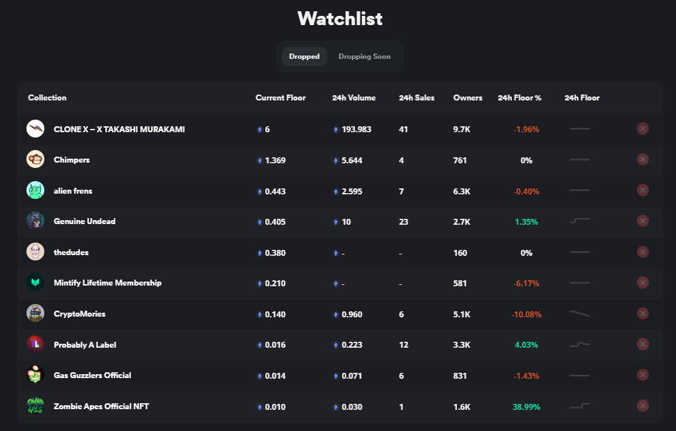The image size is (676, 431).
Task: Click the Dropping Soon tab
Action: coord(364,57)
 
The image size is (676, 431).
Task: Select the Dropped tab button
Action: coord(304,57)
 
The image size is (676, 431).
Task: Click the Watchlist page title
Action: coord(340,19)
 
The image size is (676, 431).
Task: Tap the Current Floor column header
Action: coord(280,98)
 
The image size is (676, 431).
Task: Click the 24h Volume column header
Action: coord(354,98)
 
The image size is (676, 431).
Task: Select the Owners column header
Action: coord(468,98)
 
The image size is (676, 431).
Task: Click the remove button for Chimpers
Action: coord(642,159)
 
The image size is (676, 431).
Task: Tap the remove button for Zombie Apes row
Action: coord(642,406)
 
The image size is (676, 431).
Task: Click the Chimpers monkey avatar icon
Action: coord(35,159)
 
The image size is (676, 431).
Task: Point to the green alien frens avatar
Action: coord(35,190)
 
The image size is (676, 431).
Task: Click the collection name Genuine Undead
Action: coord(85,221)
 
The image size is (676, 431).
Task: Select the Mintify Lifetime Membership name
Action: coord(107,283)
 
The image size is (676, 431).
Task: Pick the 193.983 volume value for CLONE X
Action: coord(357,130)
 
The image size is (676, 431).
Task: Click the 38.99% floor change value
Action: coord(527,407)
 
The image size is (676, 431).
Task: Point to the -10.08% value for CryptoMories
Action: coord(526,315)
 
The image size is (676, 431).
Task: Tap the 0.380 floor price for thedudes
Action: coord(275,253)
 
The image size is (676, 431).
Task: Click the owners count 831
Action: coord(460,376)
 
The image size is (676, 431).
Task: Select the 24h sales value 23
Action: coord(403,222)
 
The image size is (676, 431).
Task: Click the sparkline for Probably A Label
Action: coord(579,344)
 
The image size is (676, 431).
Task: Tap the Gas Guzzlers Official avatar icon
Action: coord(35,375)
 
